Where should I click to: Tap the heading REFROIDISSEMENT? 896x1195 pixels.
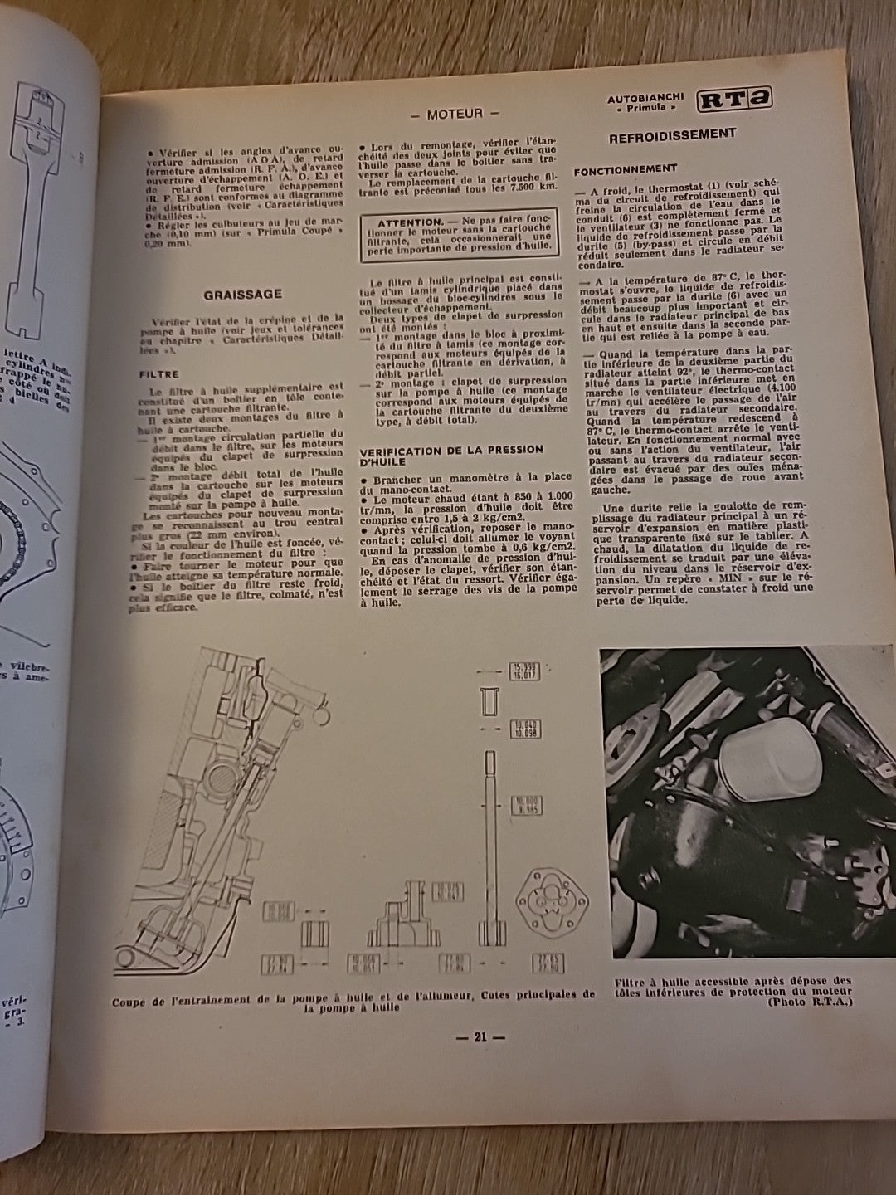(673, 134)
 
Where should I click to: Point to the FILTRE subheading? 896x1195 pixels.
(158, 374)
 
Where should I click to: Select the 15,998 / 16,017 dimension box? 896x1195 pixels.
(525, 672)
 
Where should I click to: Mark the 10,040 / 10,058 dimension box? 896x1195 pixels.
(525, 729)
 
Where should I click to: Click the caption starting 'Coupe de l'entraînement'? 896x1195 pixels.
(353, 1001)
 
